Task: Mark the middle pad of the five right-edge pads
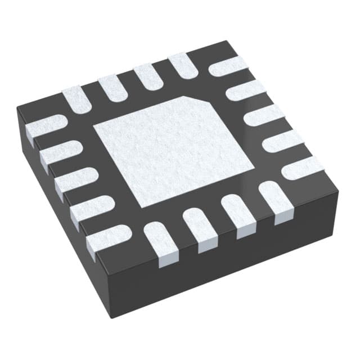click(x=264, y=115)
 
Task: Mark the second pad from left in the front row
click(x=198, y=228)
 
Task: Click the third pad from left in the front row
click(x=235, y=214)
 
